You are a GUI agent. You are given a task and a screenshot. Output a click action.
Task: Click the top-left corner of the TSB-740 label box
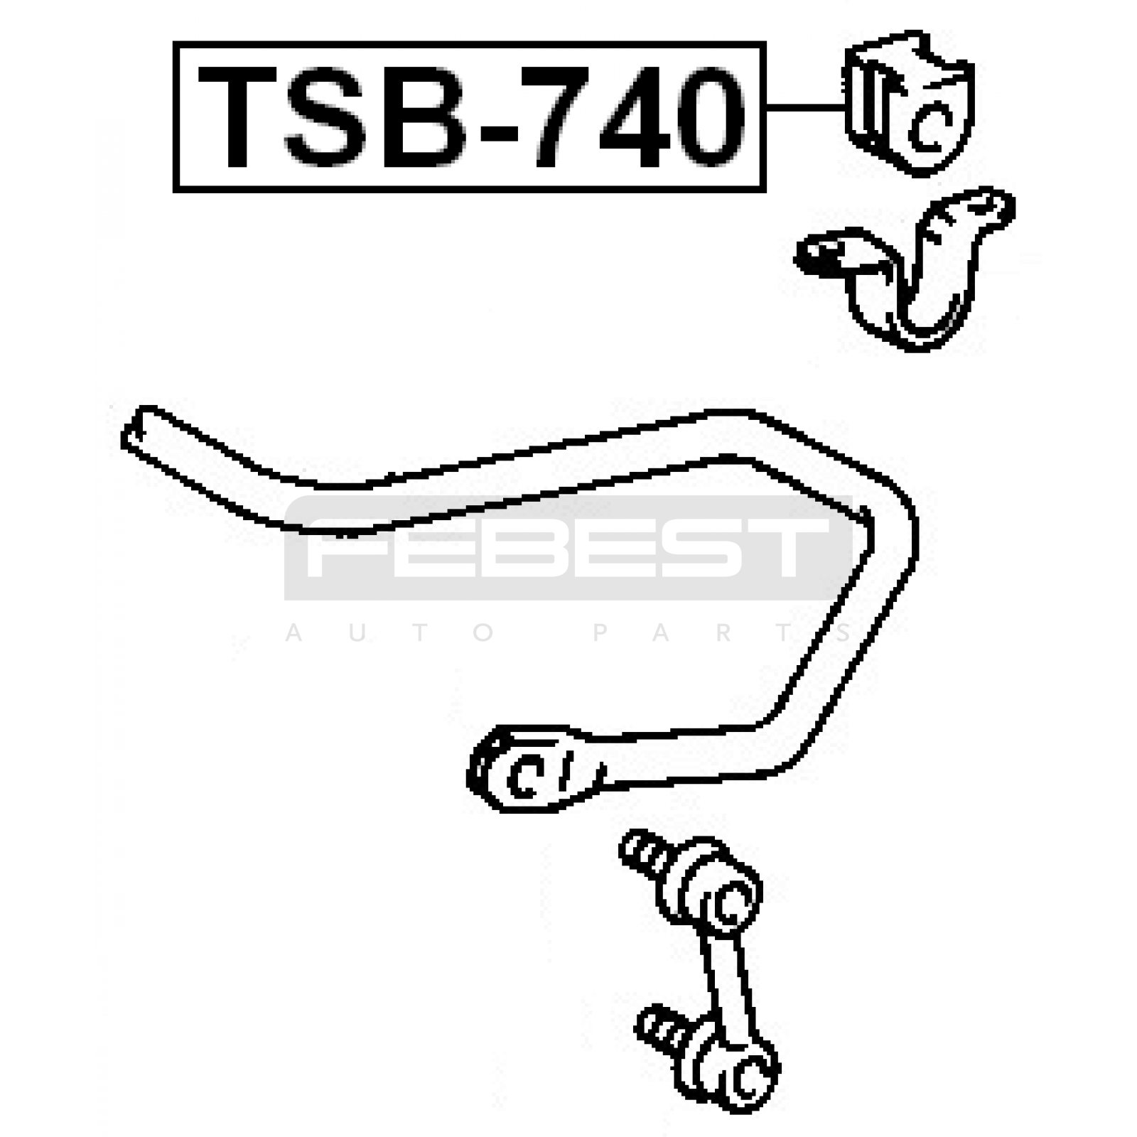(x=174, y=43)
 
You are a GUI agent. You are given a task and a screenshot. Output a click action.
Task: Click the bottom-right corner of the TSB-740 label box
(x=765, y=191)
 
